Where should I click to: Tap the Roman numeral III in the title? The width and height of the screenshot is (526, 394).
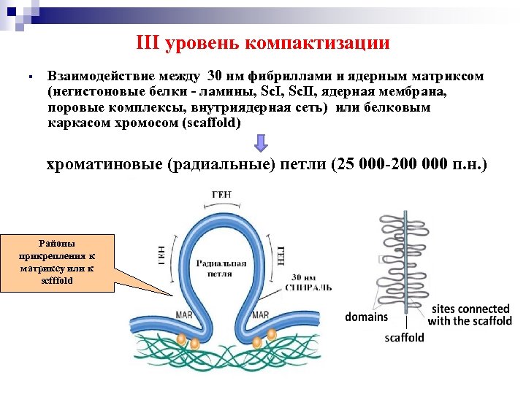pos(148,43)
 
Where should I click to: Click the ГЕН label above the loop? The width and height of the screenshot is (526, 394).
pos(223,194)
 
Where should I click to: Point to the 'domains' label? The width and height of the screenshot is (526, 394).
pos(367,317)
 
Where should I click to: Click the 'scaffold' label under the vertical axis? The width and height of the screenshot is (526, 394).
pos(404,337)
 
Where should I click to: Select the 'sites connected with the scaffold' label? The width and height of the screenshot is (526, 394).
pos(469,314)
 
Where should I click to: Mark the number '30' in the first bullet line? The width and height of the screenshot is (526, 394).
pos(217,77)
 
